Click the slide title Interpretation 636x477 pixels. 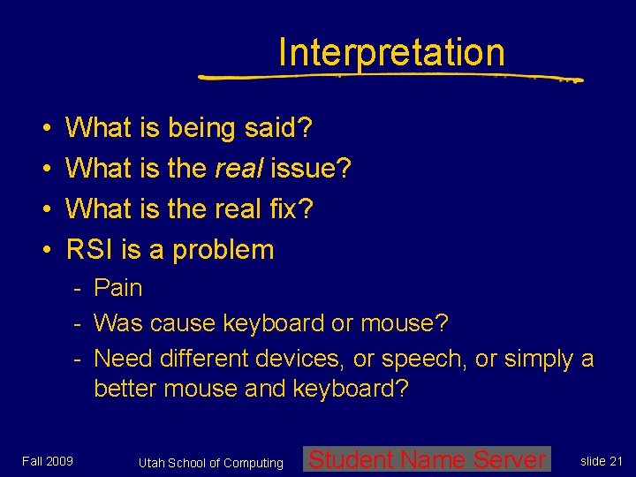pos(391,53)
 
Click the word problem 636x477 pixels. pos(223,250)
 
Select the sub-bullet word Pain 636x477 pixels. pos(117,288)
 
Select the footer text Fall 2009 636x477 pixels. pos(48,460)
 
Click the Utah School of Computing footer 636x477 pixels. pos(211,463)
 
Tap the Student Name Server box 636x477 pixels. pos(427,459)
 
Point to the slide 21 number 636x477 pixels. pos(602,460)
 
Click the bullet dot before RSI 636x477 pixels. pos(44,250)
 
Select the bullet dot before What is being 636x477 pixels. pos(44,129)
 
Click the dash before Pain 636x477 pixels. pos(78,288)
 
